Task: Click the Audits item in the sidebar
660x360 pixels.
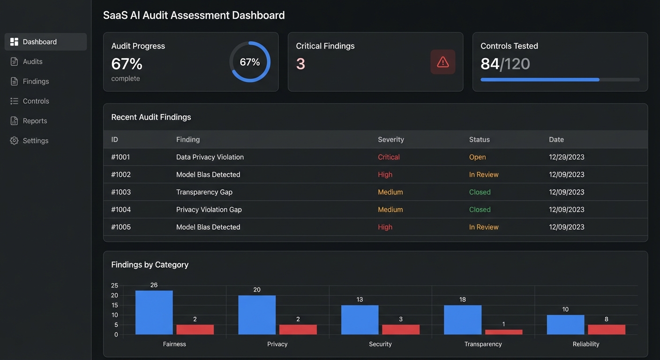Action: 32,61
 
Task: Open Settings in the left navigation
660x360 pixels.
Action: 35,141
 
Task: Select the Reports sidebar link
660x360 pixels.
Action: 35,121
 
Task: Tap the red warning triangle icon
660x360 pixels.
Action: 442,62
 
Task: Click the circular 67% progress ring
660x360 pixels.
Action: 250,62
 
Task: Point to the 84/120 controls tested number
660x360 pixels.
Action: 505,64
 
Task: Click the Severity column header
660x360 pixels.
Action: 390,140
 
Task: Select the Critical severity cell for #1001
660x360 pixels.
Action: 389,157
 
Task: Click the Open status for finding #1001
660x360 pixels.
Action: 477,157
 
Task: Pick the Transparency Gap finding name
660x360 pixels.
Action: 204,192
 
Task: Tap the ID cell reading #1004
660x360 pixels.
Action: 121,210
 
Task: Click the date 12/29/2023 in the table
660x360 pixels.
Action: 566,157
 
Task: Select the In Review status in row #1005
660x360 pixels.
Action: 483,227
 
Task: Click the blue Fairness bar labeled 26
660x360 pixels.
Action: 154,312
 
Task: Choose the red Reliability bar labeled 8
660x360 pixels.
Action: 606,330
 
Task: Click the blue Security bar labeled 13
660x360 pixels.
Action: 360,320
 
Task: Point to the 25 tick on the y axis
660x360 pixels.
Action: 114,285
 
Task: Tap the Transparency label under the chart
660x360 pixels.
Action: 483,344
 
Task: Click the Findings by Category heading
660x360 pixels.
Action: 150,265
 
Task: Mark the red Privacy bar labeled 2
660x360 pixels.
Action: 298,330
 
